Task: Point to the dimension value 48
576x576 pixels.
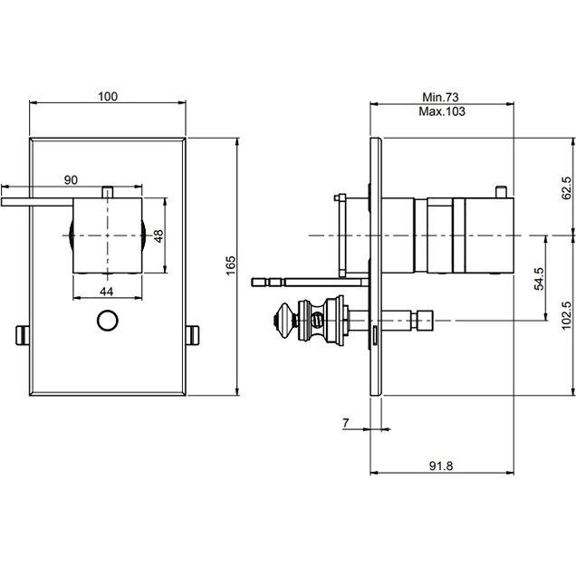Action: click(x=158, y=235)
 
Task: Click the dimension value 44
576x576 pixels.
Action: click(x=107, y=290)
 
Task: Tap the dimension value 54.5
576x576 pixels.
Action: click(x=539, y=278)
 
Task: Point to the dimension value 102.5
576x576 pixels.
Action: click(x=566, y=318)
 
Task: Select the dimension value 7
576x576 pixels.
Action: click(x=347, y=423)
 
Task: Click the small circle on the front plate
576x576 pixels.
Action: click(x=108, y=322)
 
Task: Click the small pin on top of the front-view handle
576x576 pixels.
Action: click(x=108, y=190)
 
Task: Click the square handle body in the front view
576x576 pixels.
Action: click(x=108, y=235)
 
